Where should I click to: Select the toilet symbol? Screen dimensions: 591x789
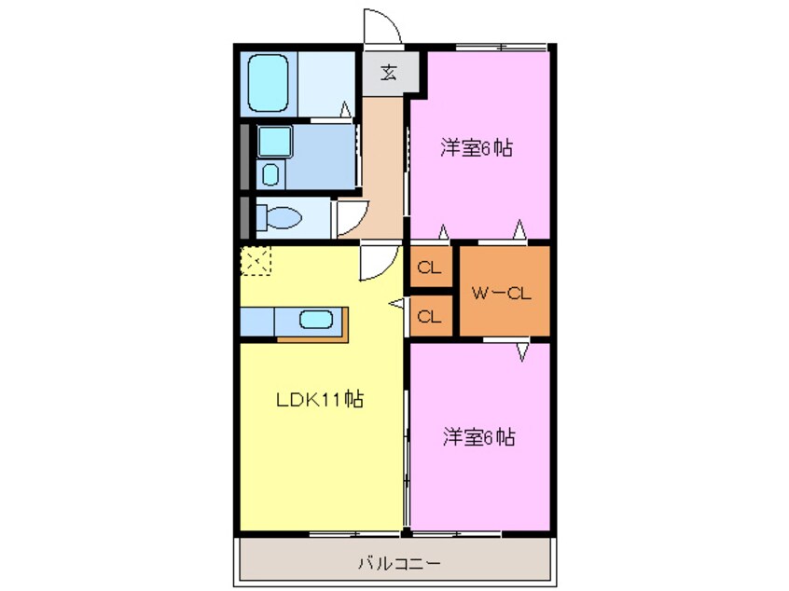coord(278,218)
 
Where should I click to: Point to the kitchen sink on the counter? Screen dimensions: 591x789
coord(315,320)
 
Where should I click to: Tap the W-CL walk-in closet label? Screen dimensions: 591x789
coord(501,294)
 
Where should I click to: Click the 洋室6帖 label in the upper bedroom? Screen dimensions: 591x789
coord(478,146)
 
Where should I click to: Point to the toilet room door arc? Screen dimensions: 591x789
coord(349,219)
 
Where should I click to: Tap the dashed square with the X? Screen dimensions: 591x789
coord(255,260)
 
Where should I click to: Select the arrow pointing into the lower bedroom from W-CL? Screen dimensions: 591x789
coord(520,351)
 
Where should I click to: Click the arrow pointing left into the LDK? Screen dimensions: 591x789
coord(396,303)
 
